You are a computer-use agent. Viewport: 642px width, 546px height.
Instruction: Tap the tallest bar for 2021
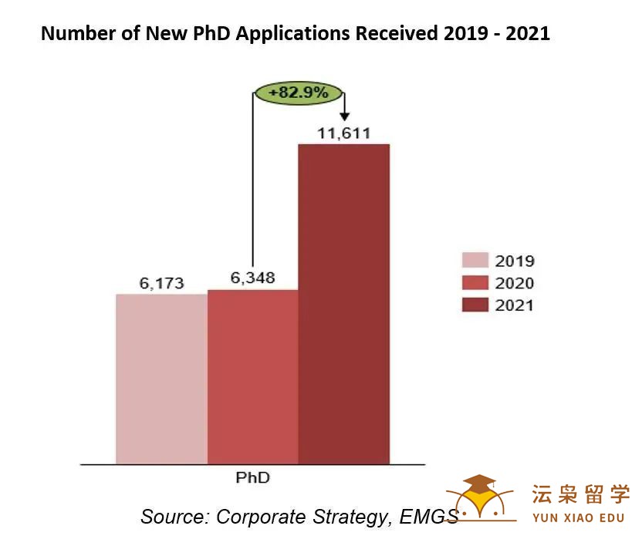(x=344, y=304)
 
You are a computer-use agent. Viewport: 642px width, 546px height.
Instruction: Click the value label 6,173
(x=161, y=283)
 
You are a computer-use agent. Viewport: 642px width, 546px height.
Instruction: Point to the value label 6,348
(x=253, y=278)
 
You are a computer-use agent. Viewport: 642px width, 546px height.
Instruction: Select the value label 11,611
(x=344, y=133)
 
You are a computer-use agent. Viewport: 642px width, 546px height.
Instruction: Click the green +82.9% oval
(x=298, y=93)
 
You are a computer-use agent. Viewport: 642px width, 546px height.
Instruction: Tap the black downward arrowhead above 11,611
(x=344, y=116)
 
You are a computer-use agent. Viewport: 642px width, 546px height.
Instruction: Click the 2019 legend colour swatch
(x=475, y=261)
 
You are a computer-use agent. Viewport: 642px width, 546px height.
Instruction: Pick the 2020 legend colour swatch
(x=475, y=283)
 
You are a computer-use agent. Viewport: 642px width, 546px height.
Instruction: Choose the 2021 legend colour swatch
(x=475, y=305)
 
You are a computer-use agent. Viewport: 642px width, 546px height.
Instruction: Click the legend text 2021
(x=515, y=305)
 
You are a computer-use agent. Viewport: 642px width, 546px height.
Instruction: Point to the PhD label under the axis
(x=253, y=477)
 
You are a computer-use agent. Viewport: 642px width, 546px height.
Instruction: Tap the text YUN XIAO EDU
(x=580, y=517)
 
